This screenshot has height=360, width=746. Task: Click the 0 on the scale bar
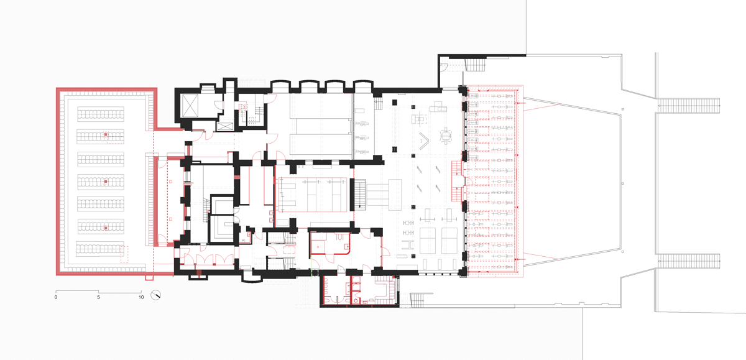[55, 297]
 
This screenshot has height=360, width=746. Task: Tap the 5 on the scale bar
[99, 297]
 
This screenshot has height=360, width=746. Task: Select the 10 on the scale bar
[141, 297]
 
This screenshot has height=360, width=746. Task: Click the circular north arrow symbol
[155, 295]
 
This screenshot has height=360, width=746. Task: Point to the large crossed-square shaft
[190, 106]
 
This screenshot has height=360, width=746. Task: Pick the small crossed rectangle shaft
[225, 126]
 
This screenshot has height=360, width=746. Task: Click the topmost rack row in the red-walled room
[101, 114]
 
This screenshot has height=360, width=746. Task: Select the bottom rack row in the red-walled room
[100, 249]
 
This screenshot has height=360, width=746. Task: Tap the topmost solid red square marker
[106, 134]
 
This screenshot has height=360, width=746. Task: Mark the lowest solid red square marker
[106, 228]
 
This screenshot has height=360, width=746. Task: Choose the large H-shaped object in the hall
[408, 245]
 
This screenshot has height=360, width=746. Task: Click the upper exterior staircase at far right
[689, 106]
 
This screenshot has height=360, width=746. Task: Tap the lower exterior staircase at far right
[689, 261]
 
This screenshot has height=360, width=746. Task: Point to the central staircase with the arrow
[360, 195]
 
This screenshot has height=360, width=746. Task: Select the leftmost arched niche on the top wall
[280, 86]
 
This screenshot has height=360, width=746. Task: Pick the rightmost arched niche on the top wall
[362, 86]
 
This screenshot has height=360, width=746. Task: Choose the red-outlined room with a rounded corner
[329, 244]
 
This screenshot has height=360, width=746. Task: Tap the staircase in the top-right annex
[475, 65]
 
